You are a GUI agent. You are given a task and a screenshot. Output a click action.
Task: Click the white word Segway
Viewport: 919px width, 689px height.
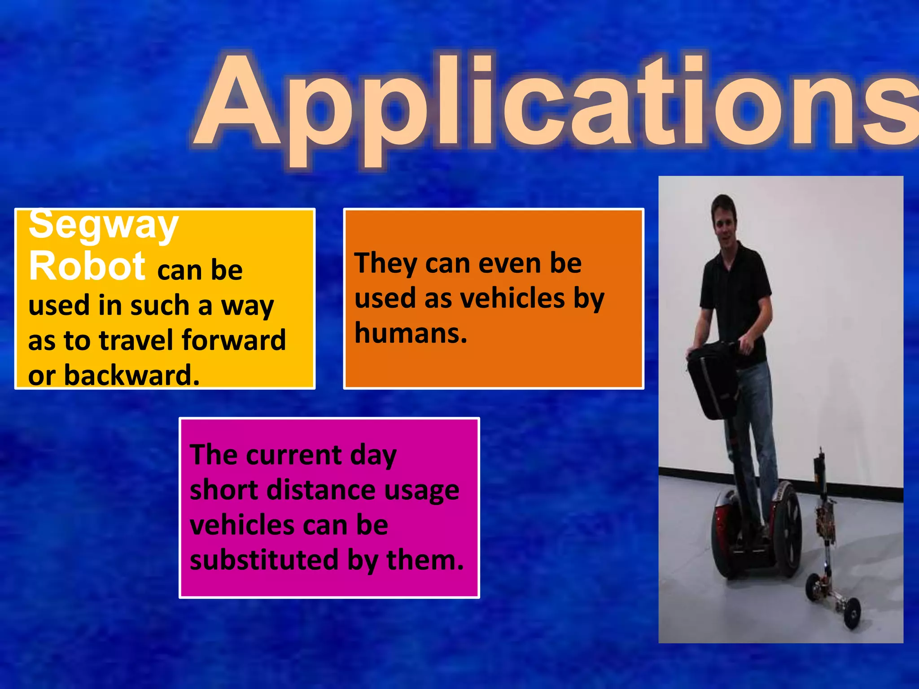(103, 226)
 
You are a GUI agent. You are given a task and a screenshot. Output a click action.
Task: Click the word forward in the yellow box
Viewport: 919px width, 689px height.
(234, 340)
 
